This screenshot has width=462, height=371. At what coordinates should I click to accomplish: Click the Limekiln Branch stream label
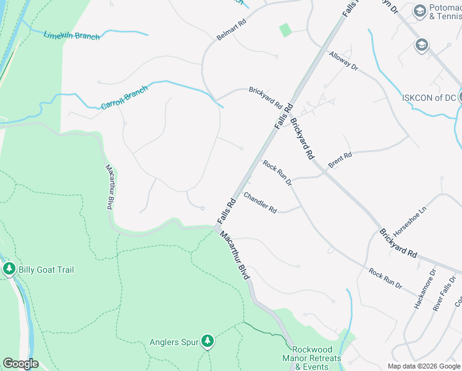click(72, 35)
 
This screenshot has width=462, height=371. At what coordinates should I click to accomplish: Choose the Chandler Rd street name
click(260, 202)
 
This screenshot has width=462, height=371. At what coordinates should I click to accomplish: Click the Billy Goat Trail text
click(46, 270)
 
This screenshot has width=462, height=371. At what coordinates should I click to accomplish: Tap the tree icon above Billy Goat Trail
click(9, 269)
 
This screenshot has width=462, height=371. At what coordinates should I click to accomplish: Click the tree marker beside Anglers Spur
click(208, 341)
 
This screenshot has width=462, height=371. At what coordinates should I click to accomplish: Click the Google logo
click(20, 364)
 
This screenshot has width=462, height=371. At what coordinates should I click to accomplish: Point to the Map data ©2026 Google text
click(424, 366)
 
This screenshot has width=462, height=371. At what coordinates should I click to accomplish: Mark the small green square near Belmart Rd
click(285, 30)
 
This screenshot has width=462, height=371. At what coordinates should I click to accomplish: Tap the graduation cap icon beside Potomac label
click(421, 11)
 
